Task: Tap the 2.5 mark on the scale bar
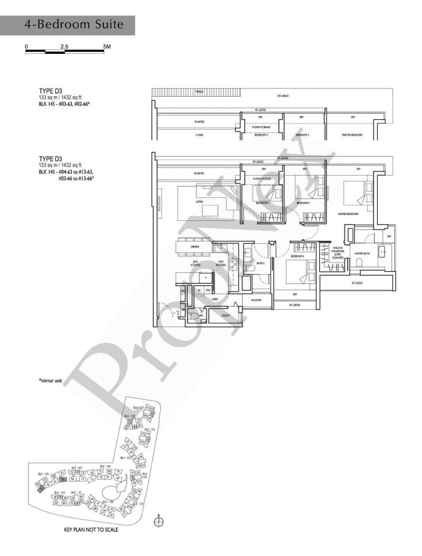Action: click(64, 46)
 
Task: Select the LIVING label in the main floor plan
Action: click(199, 202)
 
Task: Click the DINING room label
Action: click(195, 246)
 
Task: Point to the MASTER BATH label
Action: click(362, 253)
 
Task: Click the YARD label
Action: click(215, 299)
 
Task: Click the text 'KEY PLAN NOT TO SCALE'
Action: click(91, 530)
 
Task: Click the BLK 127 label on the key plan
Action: click(138, 408)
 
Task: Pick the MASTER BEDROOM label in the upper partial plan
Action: click(352, 136)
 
